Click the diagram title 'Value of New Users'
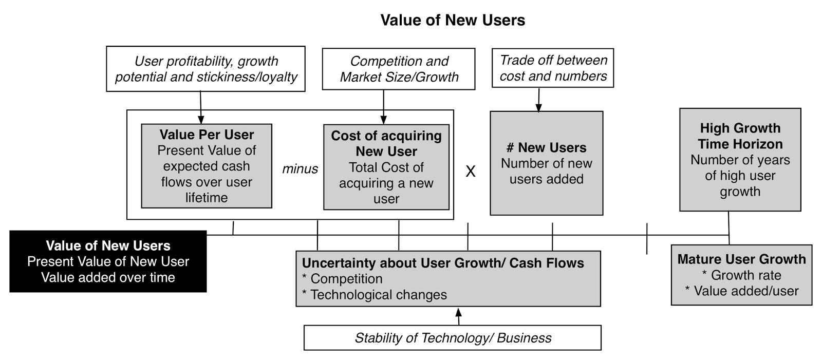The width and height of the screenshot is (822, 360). (453, 20)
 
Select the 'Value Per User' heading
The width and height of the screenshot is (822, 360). (207, 135)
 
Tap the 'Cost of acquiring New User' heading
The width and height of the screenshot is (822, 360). (386, 143)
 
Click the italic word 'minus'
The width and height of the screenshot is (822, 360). (300, 168)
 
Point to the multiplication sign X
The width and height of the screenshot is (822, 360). (470, 172)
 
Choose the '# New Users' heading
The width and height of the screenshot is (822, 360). (547, 147)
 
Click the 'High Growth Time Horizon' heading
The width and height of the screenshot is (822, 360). (740, 136)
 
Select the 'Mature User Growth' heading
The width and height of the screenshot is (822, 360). (741, 259)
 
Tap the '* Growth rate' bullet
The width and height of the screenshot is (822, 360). (741, 275)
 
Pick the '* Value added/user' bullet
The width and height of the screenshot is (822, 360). (741, 291)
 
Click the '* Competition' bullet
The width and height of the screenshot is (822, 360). (342, 279)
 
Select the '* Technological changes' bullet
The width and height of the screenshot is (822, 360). (375, 295)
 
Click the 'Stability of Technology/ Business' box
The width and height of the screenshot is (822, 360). (453, 338)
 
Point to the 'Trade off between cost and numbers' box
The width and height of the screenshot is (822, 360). (553, 68)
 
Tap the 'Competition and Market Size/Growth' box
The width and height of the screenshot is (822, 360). (399, 69)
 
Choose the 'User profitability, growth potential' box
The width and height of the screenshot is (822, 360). (206, 69)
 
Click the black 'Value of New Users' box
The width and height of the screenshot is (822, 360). (108, 261)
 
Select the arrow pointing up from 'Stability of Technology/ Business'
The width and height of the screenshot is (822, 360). (459, 315)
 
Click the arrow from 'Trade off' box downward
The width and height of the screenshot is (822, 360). (538, 100)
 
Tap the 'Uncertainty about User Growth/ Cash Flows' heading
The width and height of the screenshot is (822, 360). (443, 263)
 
